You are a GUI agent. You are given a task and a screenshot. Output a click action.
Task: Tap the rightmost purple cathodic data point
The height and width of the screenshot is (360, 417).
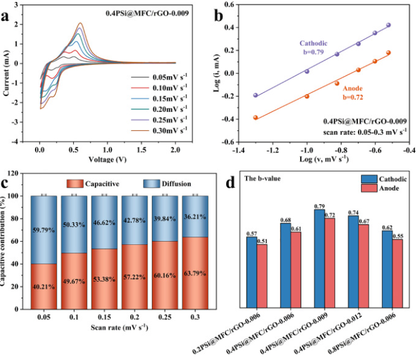point(388,25)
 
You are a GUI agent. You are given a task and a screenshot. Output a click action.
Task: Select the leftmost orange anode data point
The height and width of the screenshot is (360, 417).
point(256,118)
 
